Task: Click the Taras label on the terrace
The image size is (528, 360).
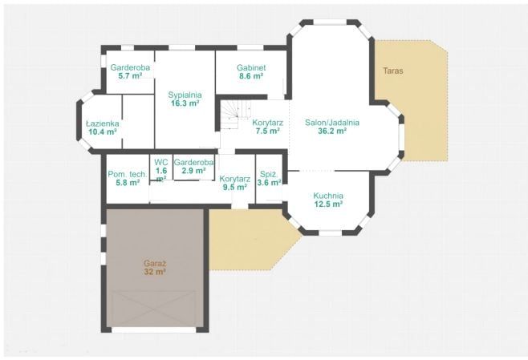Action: [393, 71]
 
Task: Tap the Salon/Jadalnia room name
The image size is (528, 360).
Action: [332, 123]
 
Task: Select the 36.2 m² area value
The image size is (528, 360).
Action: [332, 131]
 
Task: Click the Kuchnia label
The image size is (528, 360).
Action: [328, 196]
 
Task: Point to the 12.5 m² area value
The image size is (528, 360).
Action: [328, 204]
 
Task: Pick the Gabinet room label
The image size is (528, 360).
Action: [251, 67]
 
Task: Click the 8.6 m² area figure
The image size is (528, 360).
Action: [251, 76]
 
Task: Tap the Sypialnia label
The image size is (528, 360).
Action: [185, 95]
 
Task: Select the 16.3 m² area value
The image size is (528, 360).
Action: [185, 103]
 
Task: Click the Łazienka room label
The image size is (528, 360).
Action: [103, 123]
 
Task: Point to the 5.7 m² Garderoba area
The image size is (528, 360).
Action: [130, 75]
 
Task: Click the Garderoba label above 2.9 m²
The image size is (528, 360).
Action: [193, 162]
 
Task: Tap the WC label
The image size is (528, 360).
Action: [161, 162]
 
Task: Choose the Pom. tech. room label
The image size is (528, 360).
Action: [128, 174]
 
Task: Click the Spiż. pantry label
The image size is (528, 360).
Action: [269, 174]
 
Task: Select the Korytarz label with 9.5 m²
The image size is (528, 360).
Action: [234, 179]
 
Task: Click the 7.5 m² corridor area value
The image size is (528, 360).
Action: [268, 131]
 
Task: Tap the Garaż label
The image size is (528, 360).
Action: [155, 263]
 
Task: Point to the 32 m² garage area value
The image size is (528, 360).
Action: [155, 272]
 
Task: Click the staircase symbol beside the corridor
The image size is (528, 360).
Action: [235, 115]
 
